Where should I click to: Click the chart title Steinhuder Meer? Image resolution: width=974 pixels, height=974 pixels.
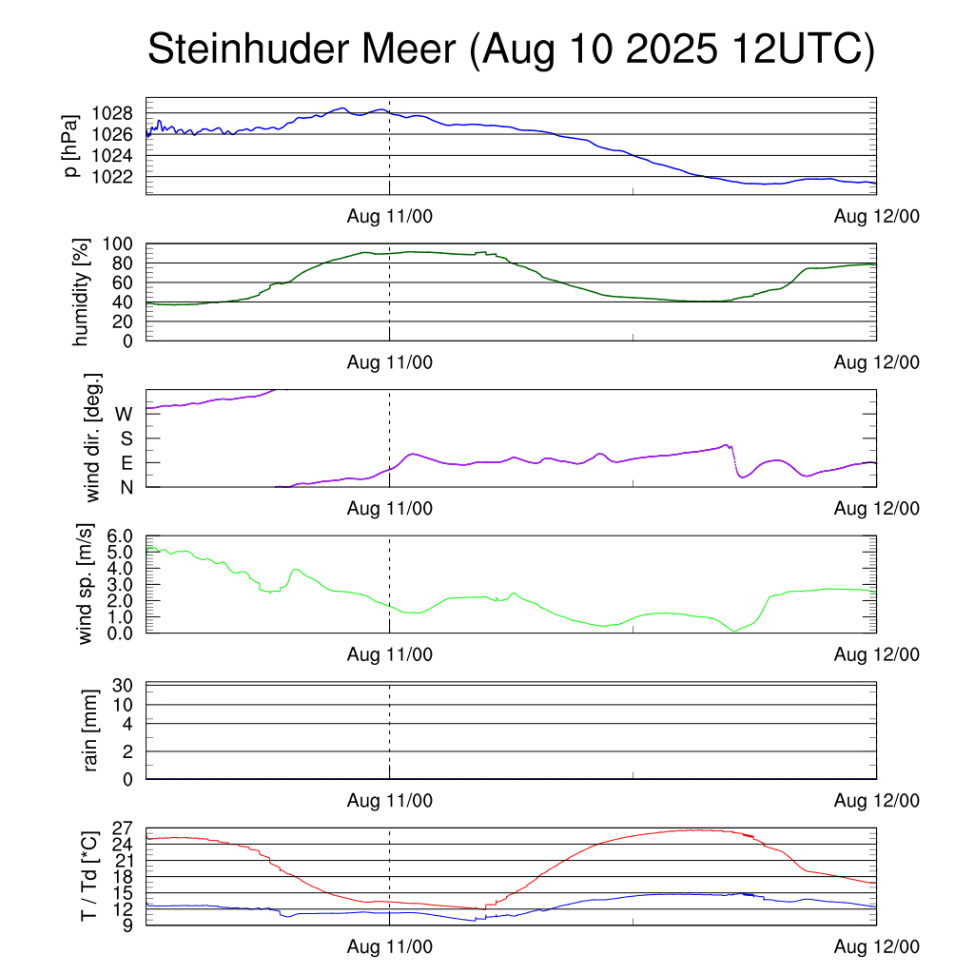pos(510,49)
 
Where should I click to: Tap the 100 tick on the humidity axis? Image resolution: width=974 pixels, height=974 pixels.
pos(126,243)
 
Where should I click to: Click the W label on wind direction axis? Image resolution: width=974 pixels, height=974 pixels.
pos(125,414)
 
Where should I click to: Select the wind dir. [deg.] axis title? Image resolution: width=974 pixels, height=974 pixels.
pos(93,438)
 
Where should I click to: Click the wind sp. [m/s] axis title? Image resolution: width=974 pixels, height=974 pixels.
pos(87,584)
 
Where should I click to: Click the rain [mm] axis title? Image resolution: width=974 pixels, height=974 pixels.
pos(92,730)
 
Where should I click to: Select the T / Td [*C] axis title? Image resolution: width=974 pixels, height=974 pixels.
pos(88,876)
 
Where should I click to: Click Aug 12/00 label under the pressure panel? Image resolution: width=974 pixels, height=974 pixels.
pos(876,216)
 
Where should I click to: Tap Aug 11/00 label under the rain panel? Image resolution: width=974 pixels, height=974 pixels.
pos(389,801)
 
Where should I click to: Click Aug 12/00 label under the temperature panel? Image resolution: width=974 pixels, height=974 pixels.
pos(876,946)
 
